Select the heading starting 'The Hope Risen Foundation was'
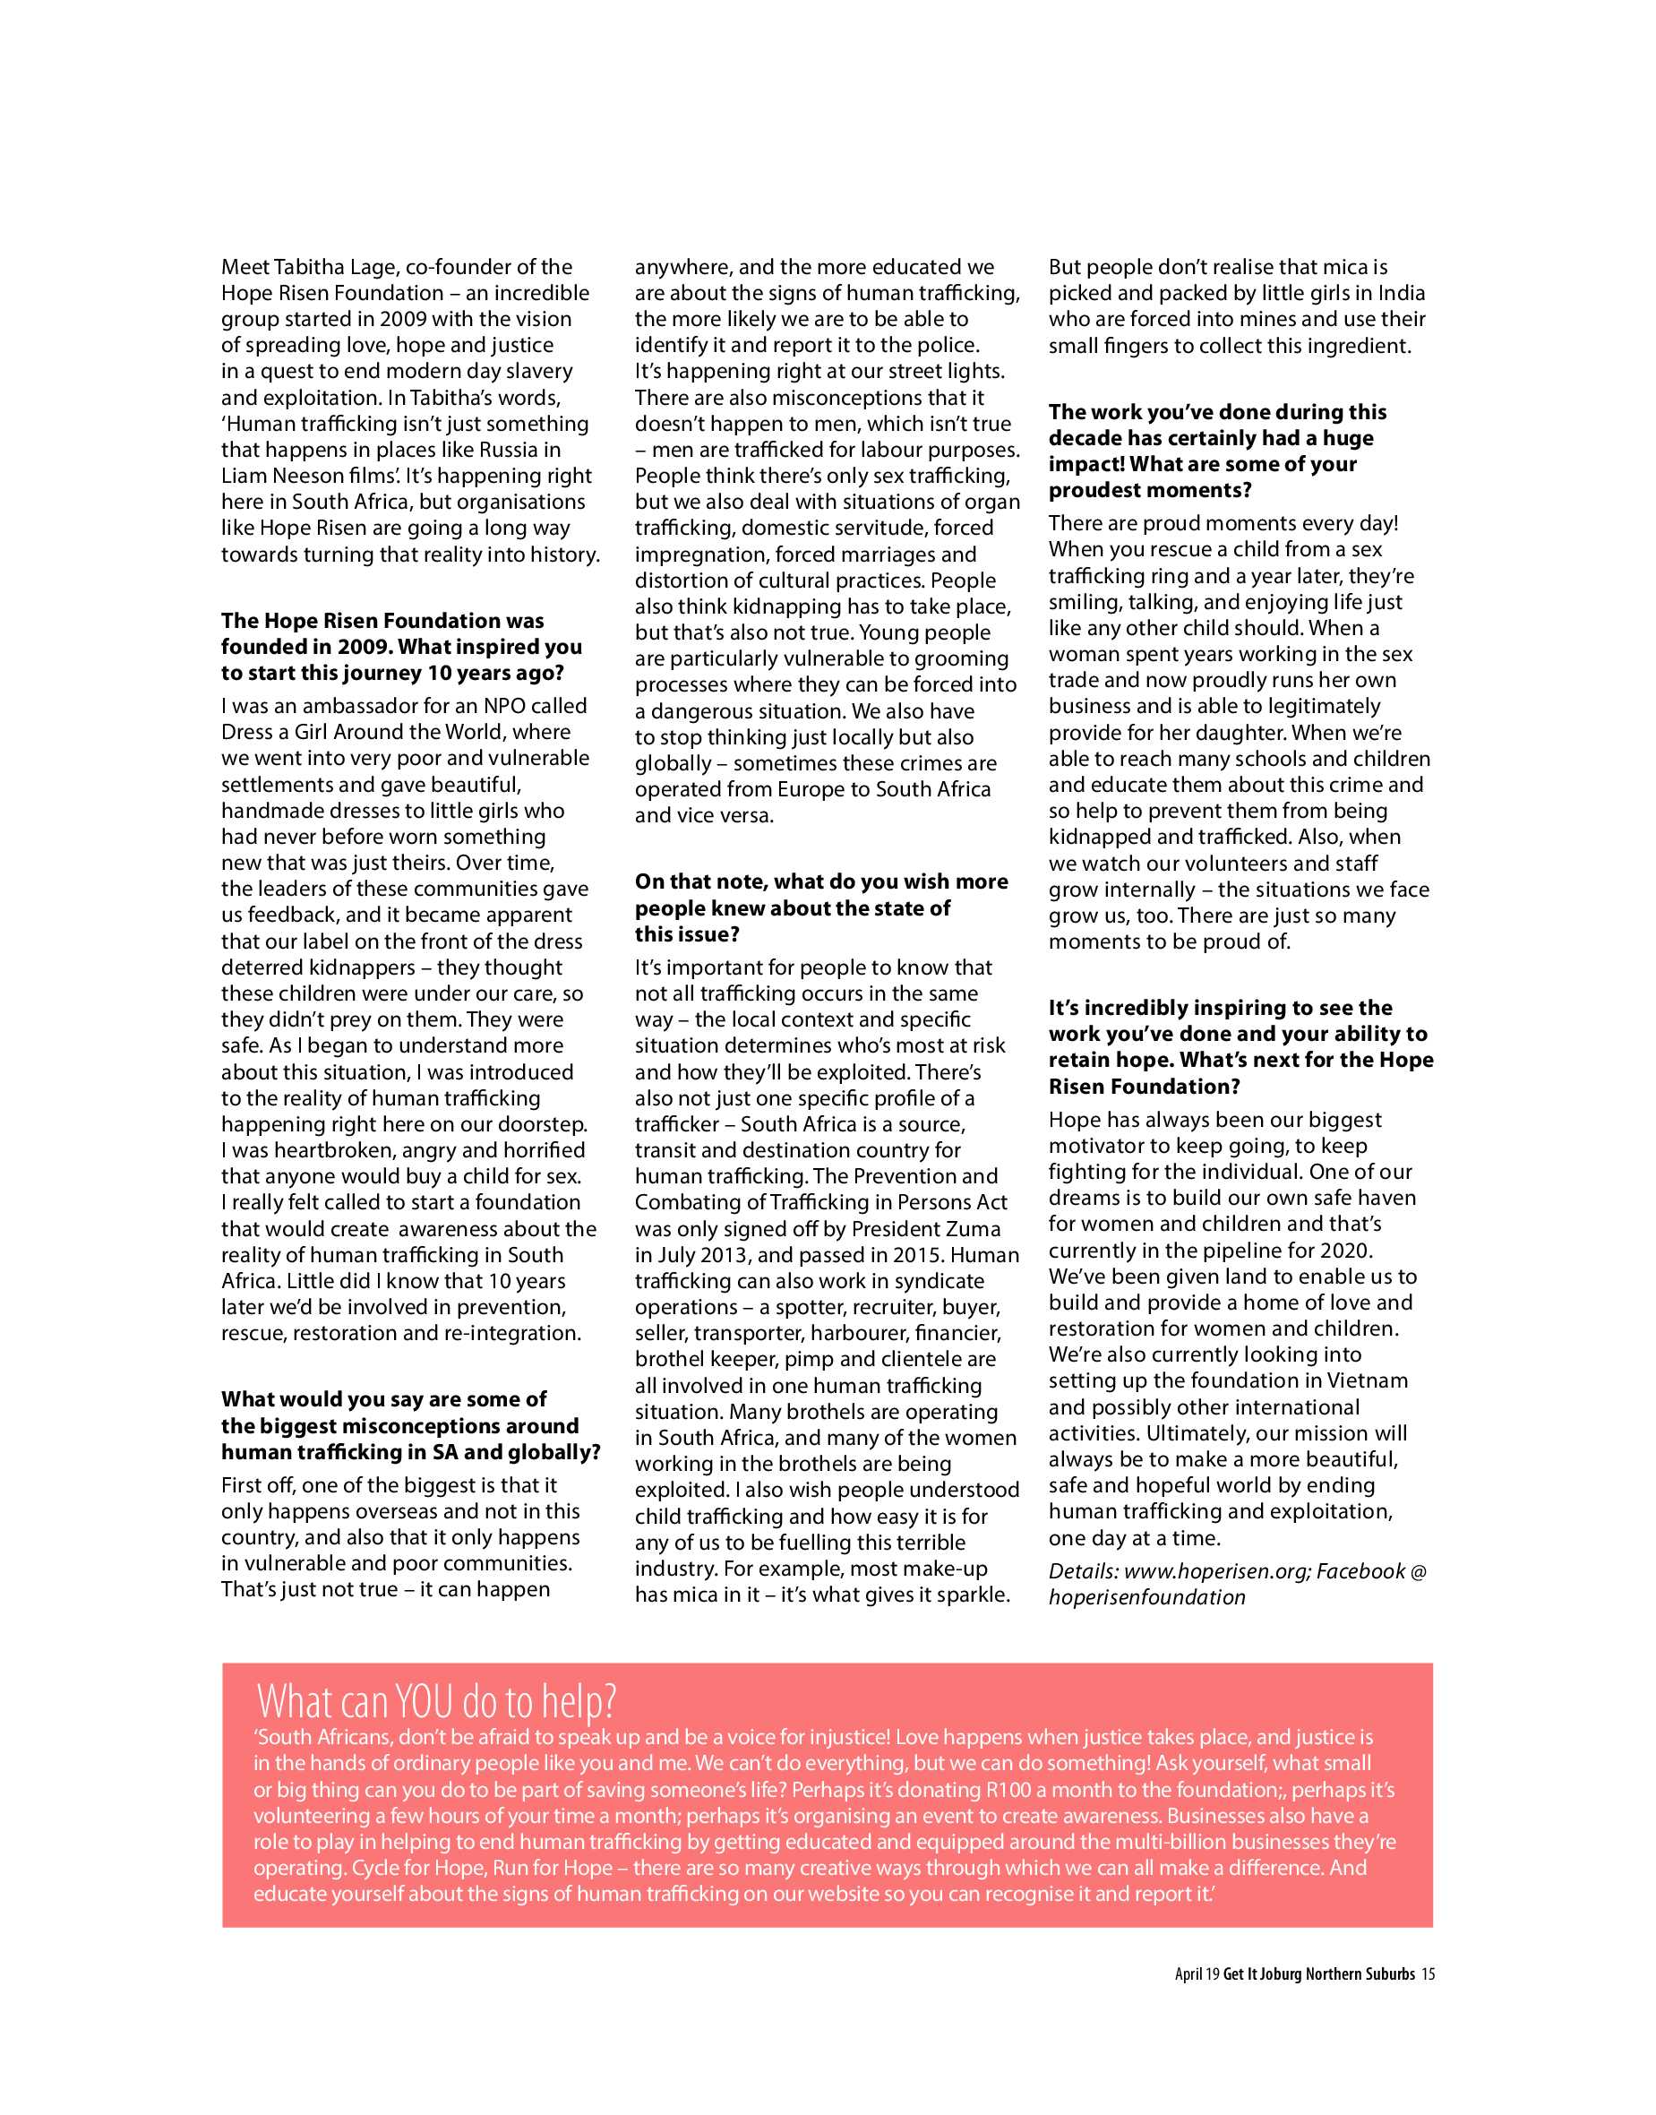point(382,621)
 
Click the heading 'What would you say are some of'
point(384,1399)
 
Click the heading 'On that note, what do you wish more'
point(821,881)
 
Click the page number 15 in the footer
point(1429,1974)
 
